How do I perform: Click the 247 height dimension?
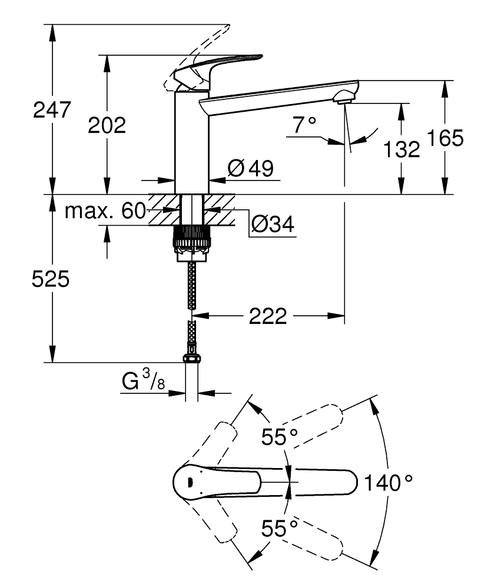(52, 110)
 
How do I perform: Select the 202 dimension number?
(107, 125)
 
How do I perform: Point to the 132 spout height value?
(402, 149)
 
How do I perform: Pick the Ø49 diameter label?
(250, 169)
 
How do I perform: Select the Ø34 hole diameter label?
(272, 223)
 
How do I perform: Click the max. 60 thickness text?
(105, 211)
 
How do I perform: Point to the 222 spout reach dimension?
(267, 316)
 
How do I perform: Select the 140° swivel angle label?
(387, 483)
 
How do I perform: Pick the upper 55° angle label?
(280, 437)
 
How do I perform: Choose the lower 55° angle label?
(280, 528)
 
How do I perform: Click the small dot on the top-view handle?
(189, 482)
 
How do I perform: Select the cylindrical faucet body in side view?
(191, 141)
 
